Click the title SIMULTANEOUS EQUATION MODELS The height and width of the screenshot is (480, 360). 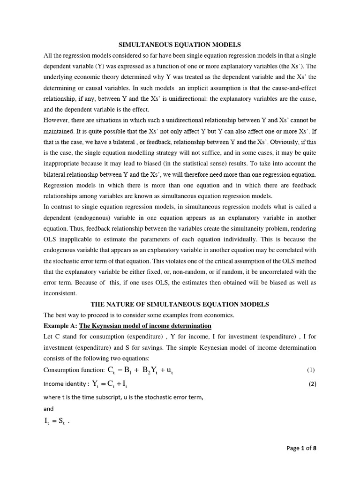pos(180,45)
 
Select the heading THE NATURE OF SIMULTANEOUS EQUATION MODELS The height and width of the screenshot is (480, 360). pos(180,304)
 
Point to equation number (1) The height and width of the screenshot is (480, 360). pos(311,370)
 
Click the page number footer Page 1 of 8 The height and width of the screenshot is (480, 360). pos(301,448)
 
